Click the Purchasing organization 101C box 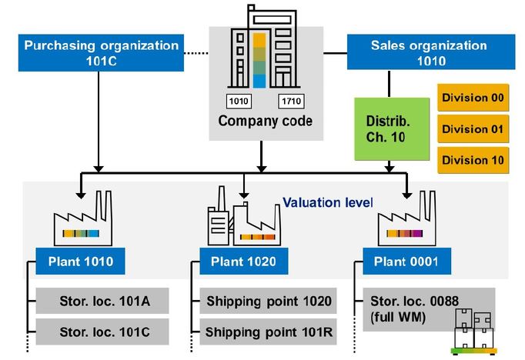click(x=101, y=53)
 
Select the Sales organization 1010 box click(x=431, y=52)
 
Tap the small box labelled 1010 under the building click(x=239, y=102)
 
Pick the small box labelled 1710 click(x=291, y=102)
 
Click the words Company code click(x=265, y=121)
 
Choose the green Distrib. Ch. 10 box click(x=392, y=129)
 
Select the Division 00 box click(x=473, y=98)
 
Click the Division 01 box click(x=473, y=129)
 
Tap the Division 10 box click(x=473, y=160)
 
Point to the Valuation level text click(x=328, y=202)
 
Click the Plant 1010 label click(x=80, y=262)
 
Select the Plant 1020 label click(x=244, y=262)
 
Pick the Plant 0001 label click(x=406, y=262)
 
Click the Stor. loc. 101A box click(x=102, y=301)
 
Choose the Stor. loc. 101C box click(x=102, y=332)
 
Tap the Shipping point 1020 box click(x=268, y=301)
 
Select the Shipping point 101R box click(x=268, y=332)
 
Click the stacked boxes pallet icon click(x=473, y=332)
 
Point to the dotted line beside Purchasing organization click(x=196, y=53)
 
